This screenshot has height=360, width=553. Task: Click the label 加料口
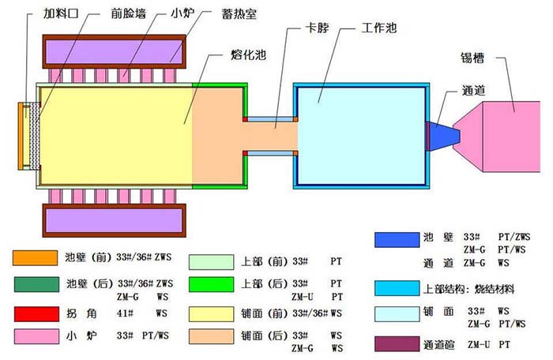pyautogui.click(x=60, y=13)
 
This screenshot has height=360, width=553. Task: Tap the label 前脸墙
pyautogui.click(x=128, y=13)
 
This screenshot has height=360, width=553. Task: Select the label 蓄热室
pyautogui.click(x=239, y=13)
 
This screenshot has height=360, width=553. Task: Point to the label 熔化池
pyautogui.click(x=248, y=54)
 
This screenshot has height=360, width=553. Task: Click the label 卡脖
pyautogui.click(x=317, y=28)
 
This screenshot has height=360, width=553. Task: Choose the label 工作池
pyautogui.click(x=379, y=28)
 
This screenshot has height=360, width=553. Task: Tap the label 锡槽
pyautogui.click(x=472, y=58)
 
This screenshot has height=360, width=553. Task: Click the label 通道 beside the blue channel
pyautogui.click(x=474, y=91)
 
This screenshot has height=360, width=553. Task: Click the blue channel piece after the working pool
pyautogui.click(x=443, y=137)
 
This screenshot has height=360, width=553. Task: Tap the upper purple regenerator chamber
pyautogui.click(x=115, y=51)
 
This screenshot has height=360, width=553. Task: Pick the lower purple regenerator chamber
pyautogui.click(x=115, y=220)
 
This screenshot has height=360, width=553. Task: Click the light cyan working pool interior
pyautogui.click(x=362, y=136)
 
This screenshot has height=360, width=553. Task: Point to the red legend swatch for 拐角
pyautogui.click(x=36, y=314)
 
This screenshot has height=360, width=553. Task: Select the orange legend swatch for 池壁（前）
pyautogui.click(x=36, y=257)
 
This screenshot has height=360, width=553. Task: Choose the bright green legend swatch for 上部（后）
pyautogui.click(x=211, y=284)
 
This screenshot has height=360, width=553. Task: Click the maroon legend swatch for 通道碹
pyautogui.click(x=397, y=344)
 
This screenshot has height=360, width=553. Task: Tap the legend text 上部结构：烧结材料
pyautogui.click(x=468, y=290)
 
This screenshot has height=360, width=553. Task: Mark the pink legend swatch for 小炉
pyautogui.click(x=36, y=336)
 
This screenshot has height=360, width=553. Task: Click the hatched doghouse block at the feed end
pyautogui.click(x=35, y=136)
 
